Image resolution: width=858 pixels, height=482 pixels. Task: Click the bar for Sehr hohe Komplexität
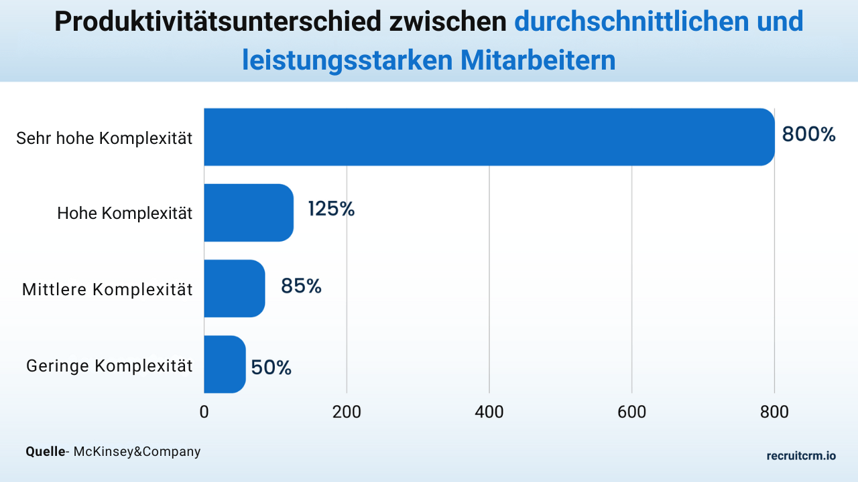point(489,137)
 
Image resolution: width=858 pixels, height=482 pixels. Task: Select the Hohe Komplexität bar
point(249,212)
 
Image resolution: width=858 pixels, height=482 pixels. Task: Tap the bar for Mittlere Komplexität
point(235,288)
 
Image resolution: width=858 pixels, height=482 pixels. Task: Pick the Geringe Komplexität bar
point(225,364)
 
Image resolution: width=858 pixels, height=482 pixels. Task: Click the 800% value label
point(809,135)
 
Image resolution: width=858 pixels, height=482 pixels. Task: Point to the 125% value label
point(331,210)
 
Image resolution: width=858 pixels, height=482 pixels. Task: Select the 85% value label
point(301,287)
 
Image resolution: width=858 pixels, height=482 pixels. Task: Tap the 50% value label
point(271,368)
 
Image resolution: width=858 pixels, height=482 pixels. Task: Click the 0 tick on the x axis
point(204,412)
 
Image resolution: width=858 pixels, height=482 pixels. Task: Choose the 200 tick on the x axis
point(347,412)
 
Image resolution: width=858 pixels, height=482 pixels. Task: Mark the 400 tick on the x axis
point(489,412)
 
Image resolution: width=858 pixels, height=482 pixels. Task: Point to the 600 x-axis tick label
point(631,412)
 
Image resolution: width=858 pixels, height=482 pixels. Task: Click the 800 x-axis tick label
point(774,412)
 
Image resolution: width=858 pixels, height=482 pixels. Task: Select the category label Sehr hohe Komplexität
point(104,139)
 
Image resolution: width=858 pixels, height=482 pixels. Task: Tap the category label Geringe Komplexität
point(109,366)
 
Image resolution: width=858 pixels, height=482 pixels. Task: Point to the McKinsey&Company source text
point(137,452)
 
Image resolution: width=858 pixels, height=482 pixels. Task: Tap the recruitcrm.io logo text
point(801,456)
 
